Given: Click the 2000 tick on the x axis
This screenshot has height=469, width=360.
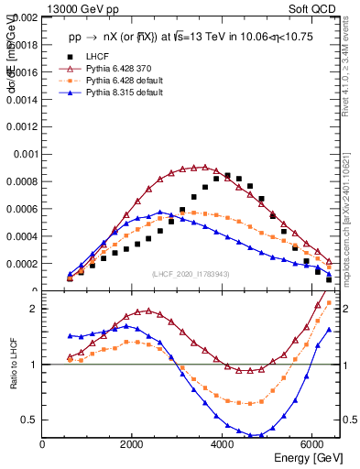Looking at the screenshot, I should coord(133,445).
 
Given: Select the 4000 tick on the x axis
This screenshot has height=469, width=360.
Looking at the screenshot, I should coord(223,445).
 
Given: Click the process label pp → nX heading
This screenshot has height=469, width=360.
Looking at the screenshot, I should coord(189,38).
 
